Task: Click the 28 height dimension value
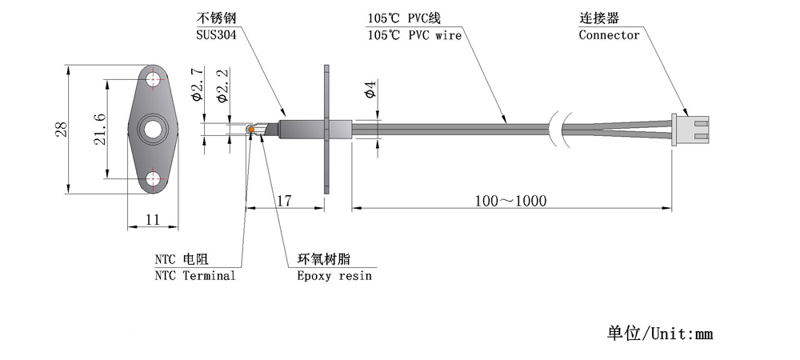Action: (x=62, y=129)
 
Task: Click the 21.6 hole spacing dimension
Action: (x=100, y=129)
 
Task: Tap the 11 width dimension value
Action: (x=153, y=220)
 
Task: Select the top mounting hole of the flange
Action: (x=154, y=79)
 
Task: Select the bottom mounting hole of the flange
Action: (x=154, y=179)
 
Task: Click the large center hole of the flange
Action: (x=153, y=129)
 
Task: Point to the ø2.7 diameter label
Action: (x=197, y=84)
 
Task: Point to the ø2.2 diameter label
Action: (x=222, y=85)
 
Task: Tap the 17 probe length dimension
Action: (x=285, y=200)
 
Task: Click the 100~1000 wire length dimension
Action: (x=510, y=201)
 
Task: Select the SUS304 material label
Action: (x=216, y=35)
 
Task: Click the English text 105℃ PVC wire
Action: (x=414, y=35)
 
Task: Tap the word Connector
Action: (x=609, y=35)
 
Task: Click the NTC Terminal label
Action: (x=195, y=276)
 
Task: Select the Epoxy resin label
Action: (x=334, y=276)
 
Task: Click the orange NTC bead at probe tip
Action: (x=251, y=130)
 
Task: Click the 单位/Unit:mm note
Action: (x=659, y=334)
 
